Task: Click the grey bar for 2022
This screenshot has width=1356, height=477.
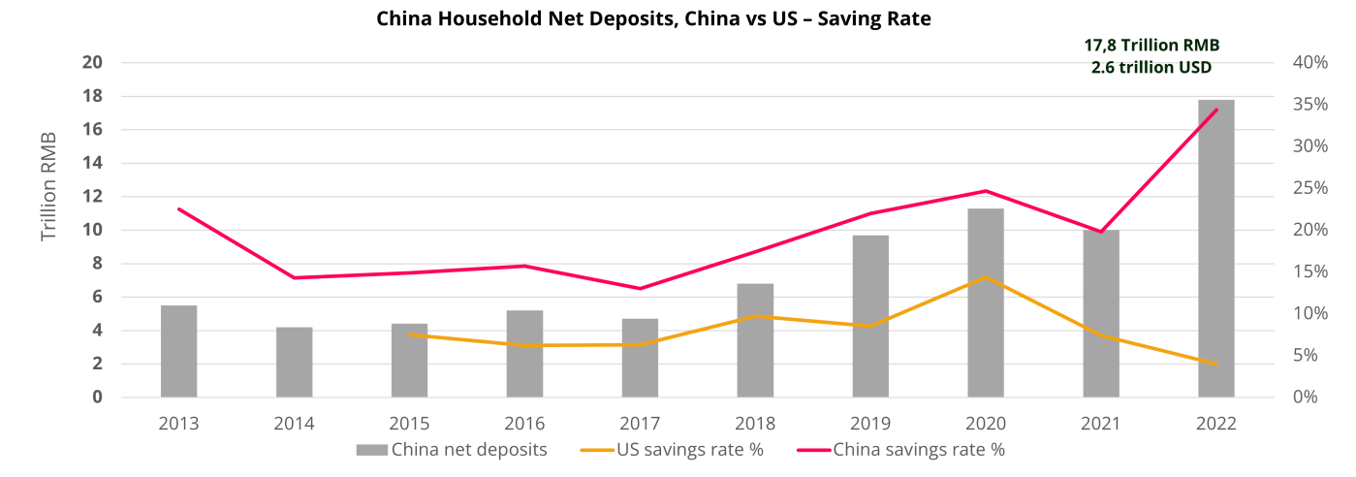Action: click(x=1215, y=248)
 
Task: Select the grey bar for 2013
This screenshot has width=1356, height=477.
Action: click(x=178, y=351)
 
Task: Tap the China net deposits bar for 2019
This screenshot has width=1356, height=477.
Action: click(x=870, y=316)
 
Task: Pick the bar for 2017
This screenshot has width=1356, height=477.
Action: click(x=640, y=358)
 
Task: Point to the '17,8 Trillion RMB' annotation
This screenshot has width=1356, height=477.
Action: click(x=1151, y=45)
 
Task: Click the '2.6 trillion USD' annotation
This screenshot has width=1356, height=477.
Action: click(x=1151, y=68)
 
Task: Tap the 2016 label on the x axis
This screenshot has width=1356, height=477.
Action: click(x=524, y=424)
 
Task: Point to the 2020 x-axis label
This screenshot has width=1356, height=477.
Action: click(x=985, y=424)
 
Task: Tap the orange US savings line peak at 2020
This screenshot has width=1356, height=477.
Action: click(x=985, y=278)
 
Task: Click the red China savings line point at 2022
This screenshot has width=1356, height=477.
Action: click(x=1216, y=110)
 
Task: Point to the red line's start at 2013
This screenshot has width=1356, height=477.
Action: click(x=179, y=208)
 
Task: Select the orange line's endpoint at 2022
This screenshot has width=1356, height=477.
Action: click(x=1215, y=364)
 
